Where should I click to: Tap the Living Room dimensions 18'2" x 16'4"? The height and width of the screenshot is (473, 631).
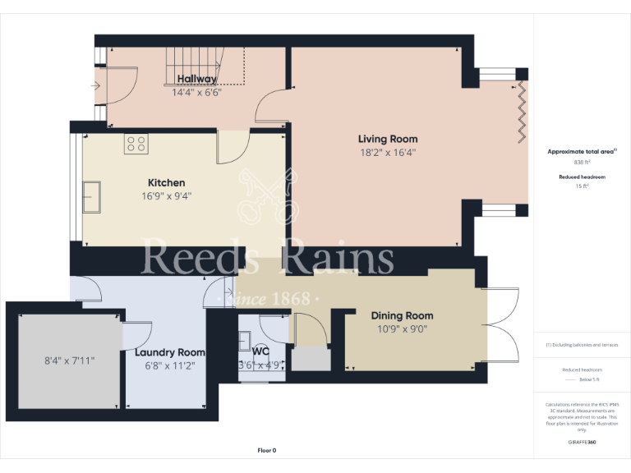388,152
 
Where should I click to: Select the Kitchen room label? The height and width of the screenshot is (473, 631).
166,182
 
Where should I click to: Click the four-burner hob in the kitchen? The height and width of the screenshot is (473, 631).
136,145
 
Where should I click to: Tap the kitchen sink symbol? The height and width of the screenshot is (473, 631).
90,196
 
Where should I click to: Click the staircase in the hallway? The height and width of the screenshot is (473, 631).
205,66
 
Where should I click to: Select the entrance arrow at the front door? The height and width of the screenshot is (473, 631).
96,85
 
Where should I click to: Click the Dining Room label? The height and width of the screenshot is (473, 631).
402,315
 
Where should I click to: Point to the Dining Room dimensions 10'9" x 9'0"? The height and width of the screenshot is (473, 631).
402,328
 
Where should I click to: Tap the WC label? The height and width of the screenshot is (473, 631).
261,351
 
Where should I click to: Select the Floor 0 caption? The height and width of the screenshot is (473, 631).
267,450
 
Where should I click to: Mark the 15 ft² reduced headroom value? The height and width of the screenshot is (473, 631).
582,186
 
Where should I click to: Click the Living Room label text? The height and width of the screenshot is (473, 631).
388,139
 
